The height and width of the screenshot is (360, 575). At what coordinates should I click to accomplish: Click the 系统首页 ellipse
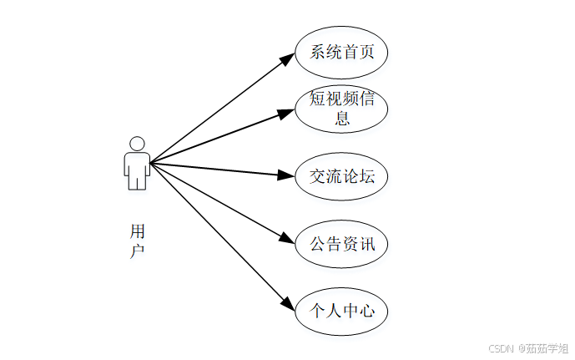click(x=341, y=52)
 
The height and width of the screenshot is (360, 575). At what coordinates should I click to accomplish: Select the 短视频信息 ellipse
click(x=341, y=109)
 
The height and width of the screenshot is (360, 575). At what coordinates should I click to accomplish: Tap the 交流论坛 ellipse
click(x=341, y=176)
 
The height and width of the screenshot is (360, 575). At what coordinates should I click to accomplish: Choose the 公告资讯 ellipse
click(x=341, y=244)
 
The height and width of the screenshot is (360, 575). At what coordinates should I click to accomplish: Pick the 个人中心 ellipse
click(x=341, y=312)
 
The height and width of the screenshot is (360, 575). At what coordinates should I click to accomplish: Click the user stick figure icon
click(x=137, y=164)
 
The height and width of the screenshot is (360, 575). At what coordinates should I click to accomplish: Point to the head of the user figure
click(x=137, y=143)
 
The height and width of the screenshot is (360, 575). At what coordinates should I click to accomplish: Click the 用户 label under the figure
click(x=138, y=240)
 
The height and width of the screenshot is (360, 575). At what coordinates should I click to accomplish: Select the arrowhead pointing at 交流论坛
click(x=286, y=175)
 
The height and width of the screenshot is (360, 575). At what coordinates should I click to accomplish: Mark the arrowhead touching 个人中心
click(x=286, y=306)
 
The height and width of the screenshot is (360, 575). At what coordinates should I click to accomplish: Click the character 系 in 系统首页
click(x=318, y=52)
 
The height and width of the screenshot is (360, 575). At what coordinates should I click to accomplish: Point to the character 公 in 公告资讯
click(x=318, y=244)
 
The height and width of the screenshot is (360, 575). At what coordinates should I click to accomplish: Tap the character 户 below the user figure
click(x=138, y=250)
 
